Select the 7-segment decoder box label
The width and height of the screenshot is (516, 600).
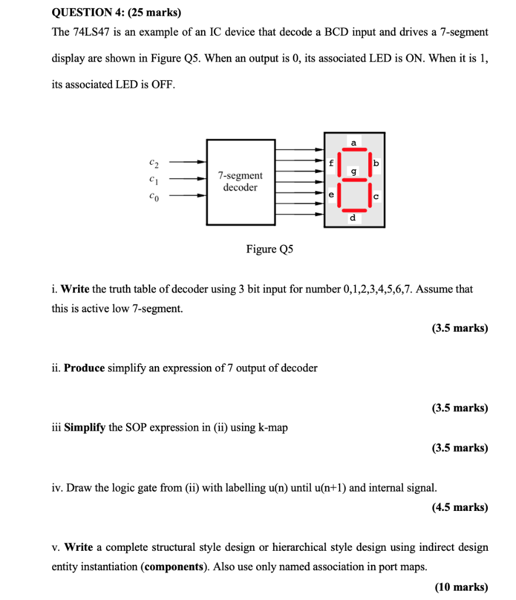coord(240,182)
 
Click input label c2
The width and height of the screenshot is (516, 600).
coord(153,161)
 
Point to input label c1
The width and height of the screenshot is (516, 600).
coord(153,179)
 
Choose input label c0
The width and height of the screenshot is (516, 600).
coord(153,197)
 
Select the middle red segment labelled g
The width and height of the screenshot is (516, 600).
coord(354,179)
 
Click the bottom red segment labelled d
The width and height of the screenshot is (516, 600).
coord(354,209)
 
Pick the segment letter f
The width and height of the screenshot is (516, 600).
coord(331,163)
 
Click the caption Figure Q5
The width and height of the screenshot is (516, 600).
coord(269,250)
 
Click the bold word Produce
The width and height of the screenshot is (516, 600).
coord(84,368)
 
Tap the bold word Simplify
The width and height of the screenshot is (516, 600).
coord(84,428)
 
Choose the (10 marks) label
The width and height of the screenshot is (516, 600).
coord(461,587)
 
